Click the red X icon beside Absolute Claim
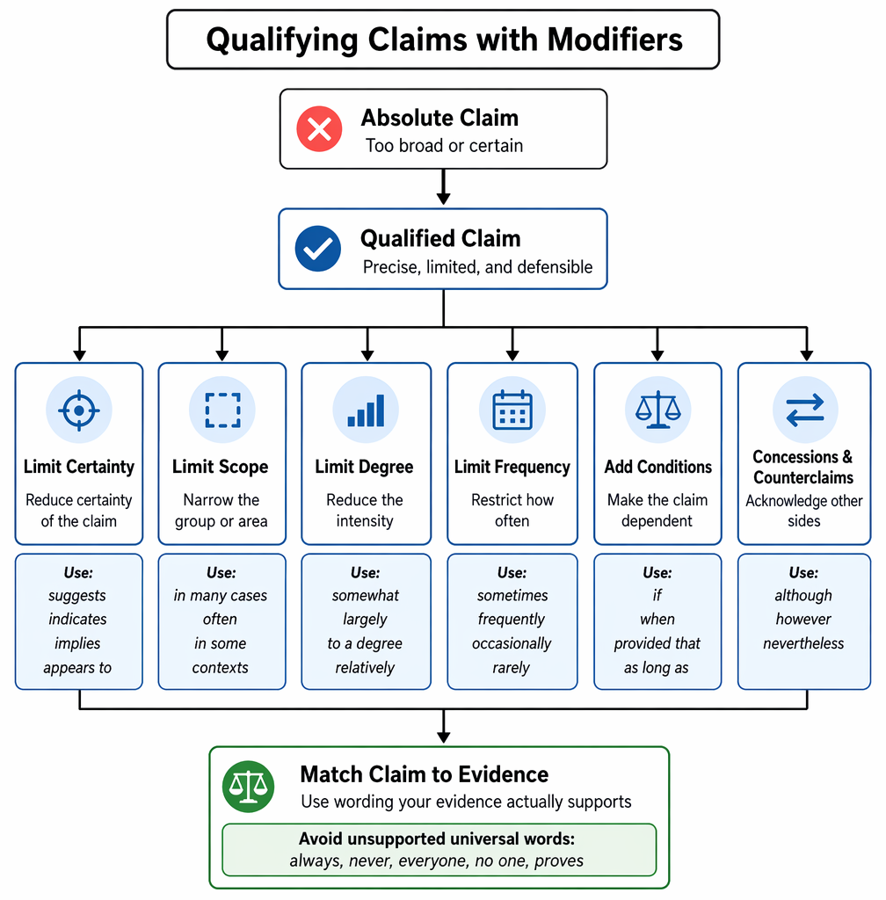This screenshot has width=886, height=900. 319,128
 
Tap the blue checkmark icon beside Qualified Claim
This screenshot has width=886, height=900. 318,249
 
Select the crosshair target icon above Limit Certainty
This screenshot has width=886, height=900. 79,410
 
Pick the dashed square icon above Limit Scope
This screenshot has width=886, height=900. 222,410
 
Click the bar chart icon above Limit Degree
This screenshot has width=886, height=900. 367,410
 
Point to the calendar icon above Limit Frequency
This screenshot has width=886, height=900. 512,410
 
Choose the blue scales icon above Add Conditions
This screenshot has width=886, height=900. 657,410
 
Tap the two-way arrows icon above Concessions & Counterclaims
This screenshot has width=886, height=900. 805,410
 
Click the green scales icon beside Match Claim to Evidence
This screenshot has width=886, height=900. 248,787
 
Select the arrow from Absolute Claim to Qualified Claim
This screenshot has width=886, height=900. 443,186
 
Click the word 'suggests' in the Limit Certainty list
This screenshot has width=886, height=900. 77,596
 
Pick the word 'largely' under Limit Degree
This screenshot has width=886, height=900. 366,620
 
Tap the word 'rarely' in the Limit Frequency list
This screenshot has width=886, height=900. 512,668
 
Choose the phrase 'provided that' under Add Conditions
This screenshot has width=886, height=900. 657,644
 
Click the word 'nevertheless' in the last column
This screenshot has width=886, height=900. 803,644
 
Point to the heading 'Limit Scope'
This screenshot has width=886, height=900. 221,467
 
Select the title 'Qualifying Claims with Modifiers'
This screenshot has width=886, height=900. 444,40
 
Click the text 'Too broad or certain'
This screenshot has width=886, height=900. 444,146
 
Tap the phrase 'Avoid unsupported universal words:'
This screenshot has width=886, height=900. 437,838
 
